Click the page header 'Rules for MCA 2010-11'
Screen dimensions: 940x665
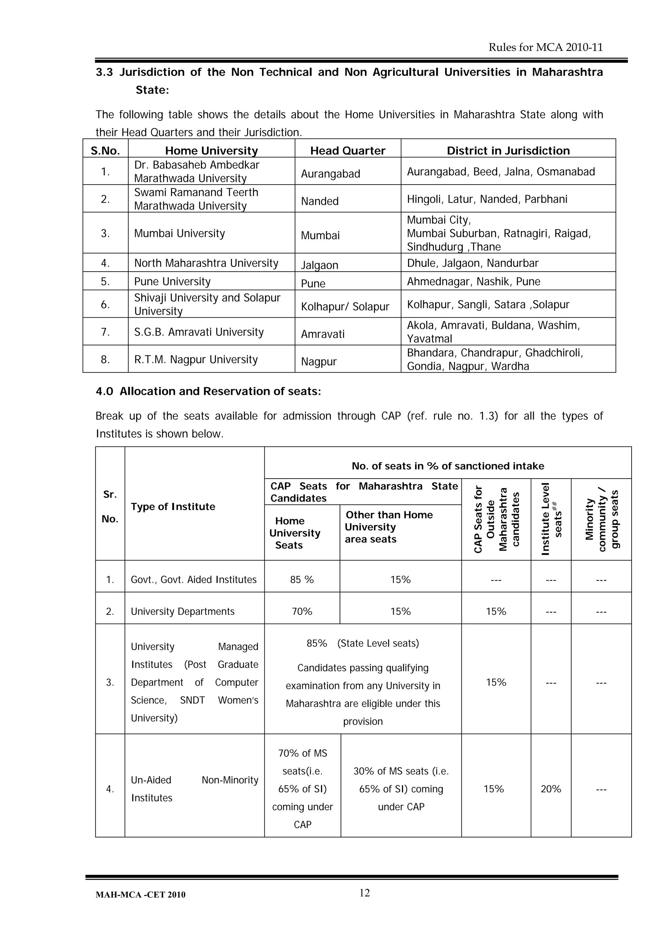pos(546,47)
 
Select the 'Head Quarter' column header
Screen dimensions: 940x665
pos(347,151)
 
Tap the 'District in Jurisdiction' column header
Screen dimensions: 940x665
pos(508,151)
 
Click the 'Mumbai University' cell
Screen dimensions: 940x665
pos(180,233)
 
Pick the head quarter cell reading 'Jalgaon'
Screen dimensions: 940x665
pos(320,265)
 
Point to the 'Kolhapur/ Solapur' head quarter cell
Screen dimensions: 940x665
pos(345,306)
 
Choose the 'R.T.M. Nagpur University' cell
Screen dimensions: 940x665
pos(196,360)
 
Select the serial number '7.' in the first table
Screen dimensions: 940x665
pos(105,332)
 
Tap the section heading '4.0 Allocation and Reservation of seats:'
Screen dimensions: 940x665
pos(208,391)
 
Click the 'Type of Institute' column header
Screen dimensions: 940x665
pos(173,507)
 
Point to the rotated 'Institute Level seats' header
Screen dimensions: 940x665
pos(551,519)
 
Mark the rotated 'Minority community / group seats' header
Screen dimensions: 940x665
pos(601,519)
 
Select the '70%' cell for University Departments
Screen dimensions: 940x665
pos(302,611)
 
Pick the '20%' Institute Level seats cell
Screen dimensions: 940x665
pos(551,788)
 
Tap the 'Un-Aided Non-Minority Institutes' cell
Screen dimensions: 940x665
pos(194,788)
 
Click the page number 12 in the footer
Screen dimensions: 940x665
pos(364,893)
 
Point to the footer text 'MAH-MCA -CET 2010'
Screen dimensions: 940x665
pos(140,895)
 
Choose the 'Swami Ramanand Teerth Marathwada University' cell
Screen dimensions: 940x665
pos(196,199)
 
